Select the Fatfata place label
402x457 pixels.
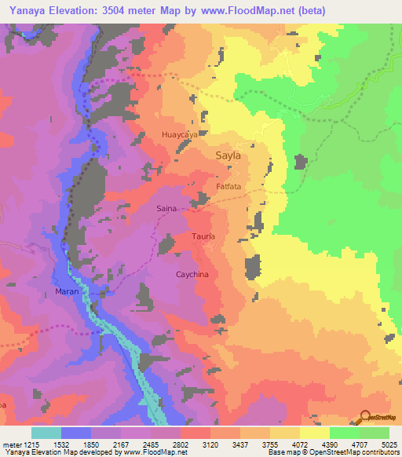(228, 188)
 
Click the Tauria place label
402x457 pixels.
(203, 236)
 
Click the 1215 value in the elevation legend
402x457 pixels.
(28, 444)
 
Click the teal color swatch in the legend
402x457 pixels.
(46, 433)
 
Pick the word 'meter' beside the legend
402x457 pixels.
(9, 444)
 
